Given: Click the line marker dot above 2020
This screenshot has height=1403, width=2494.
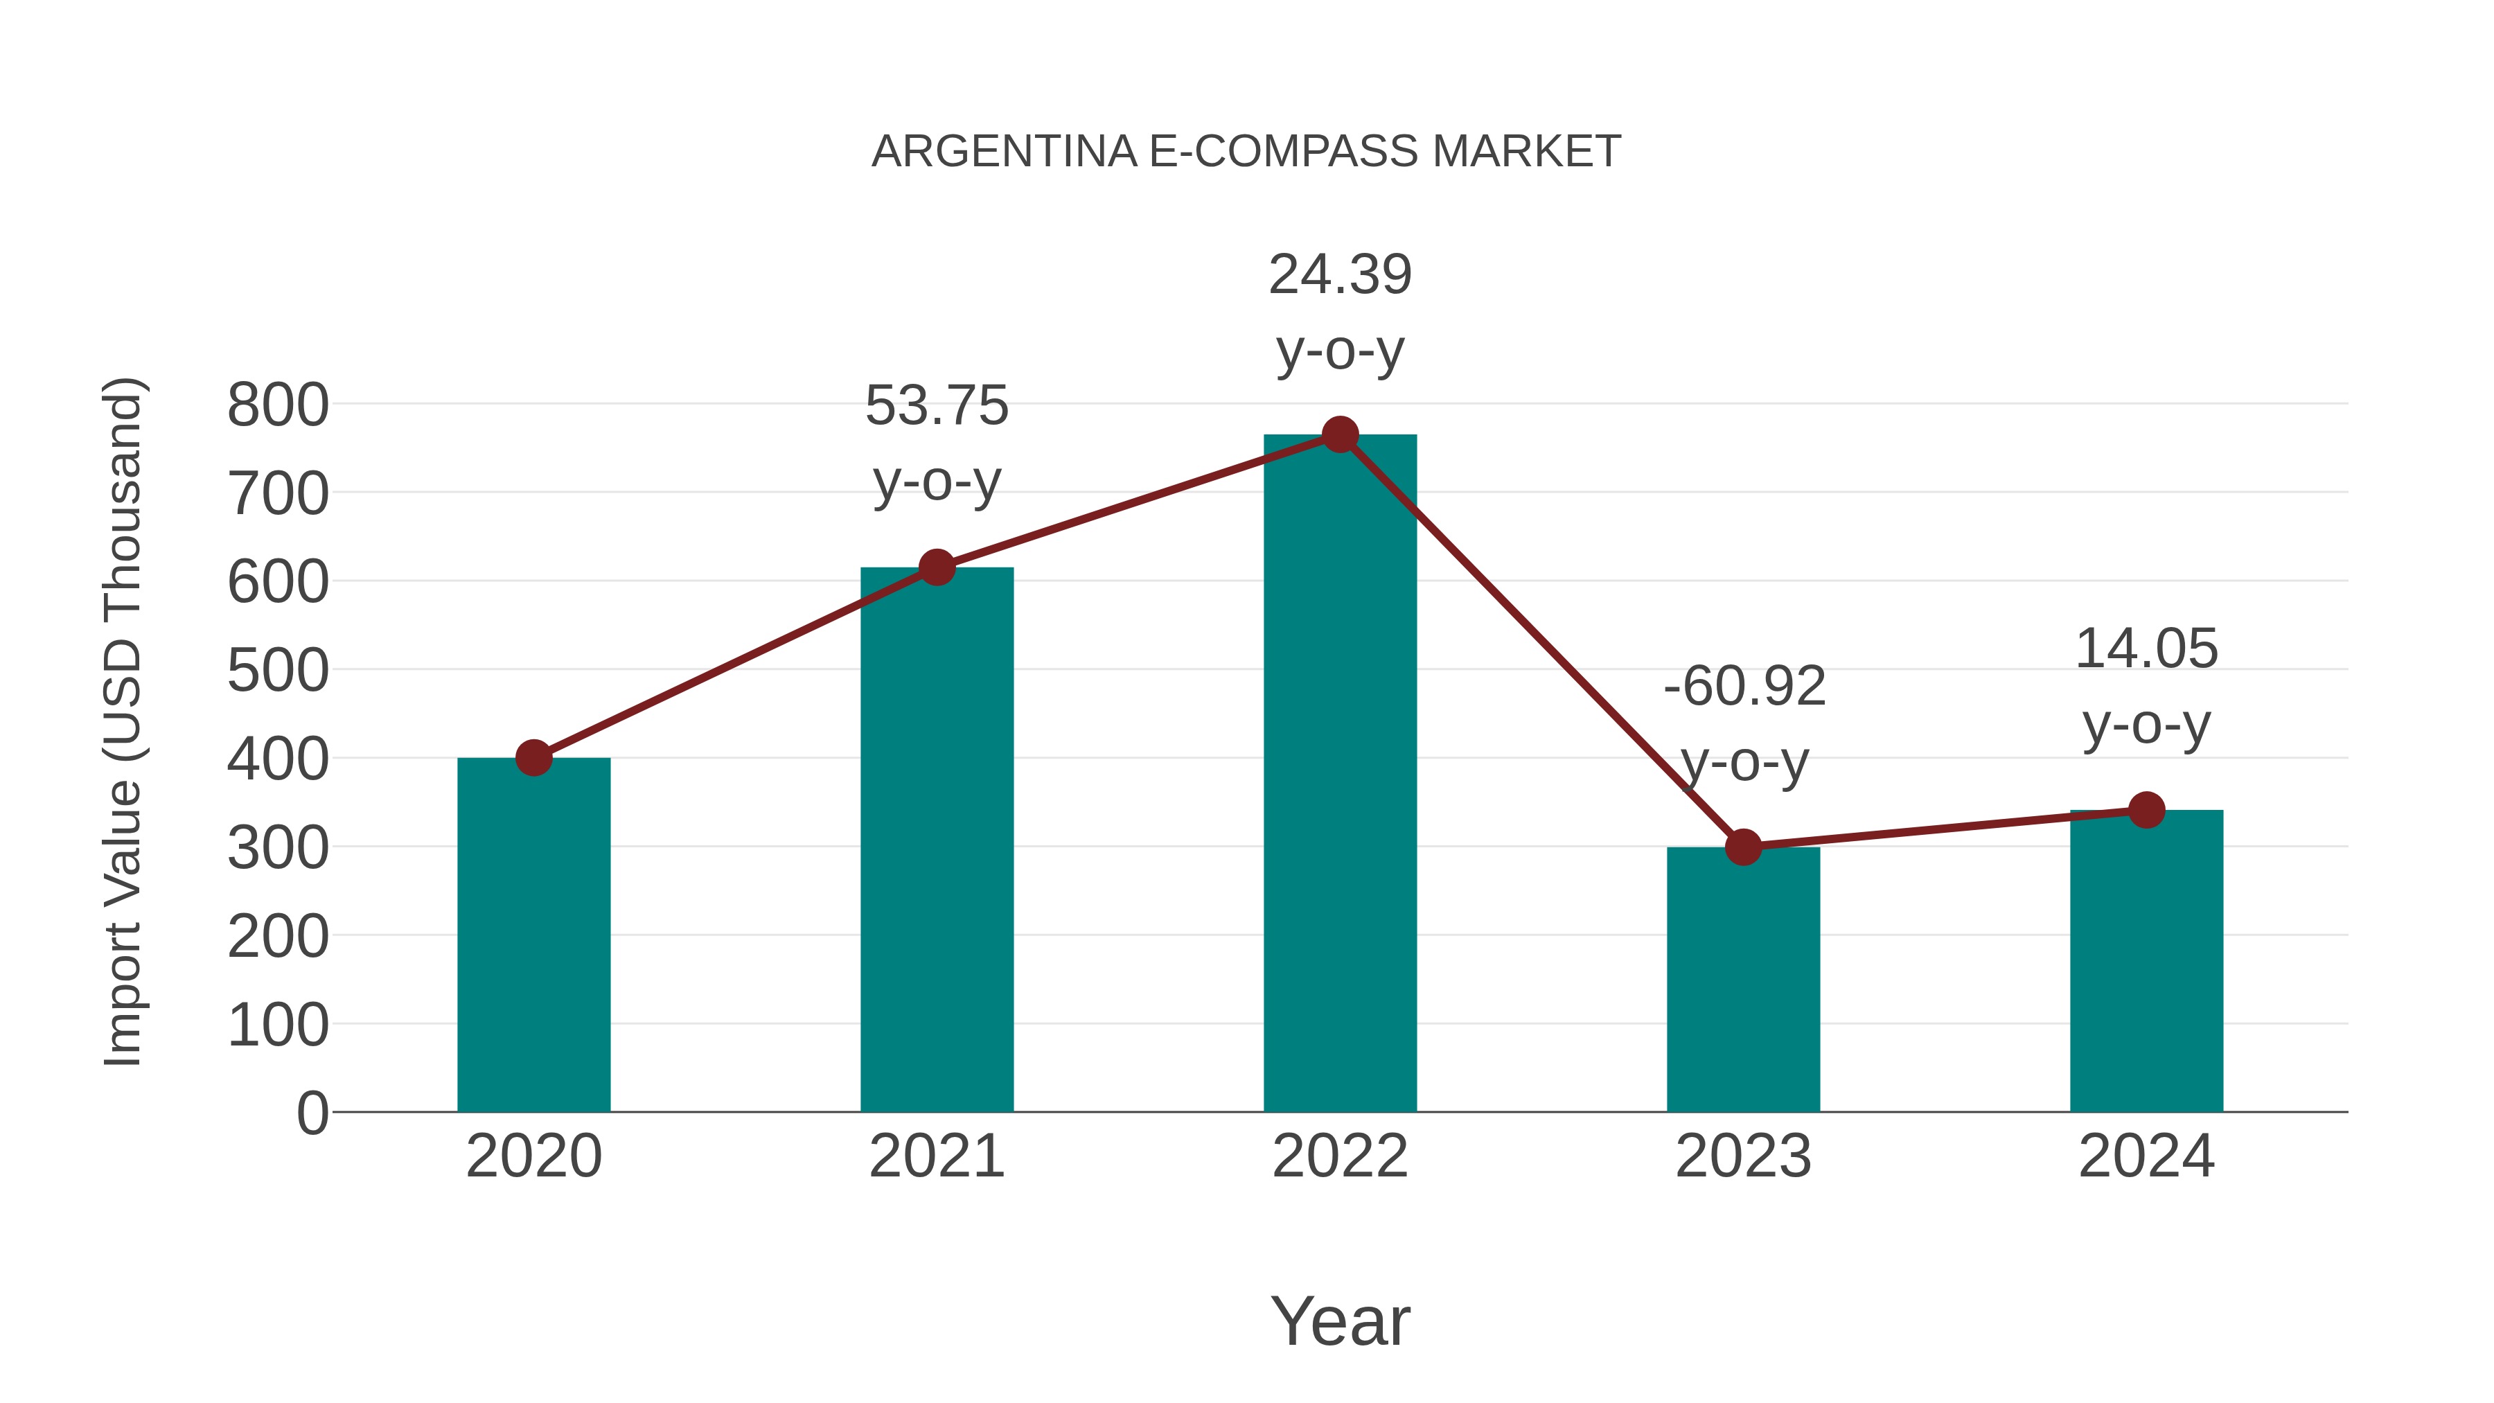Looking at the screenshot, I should [x=533, y=758].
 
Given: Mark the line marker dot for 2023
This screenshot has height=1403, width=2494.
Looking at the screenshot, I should [x=1743, y=847].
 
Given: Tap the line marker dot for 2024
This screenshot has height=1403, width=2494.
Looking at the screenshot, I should [x=2146, y=811].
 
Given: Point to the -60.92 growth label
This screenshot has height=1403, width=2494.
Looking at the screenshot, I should [x=1744, y=687].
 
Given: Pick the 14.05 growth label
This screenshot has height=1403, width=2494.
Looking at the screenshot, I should [x=2146, y=648].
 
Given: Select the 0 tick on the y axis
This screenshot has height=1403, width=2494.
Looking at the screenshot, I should [x=312, y=1113].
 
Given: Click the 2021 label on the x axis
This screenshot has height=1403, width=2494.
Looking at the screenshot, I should [x=936, y=1156].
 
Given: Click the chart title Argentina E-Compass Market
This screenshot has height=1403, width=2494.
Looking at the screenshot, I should [x=1246, y=151].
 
